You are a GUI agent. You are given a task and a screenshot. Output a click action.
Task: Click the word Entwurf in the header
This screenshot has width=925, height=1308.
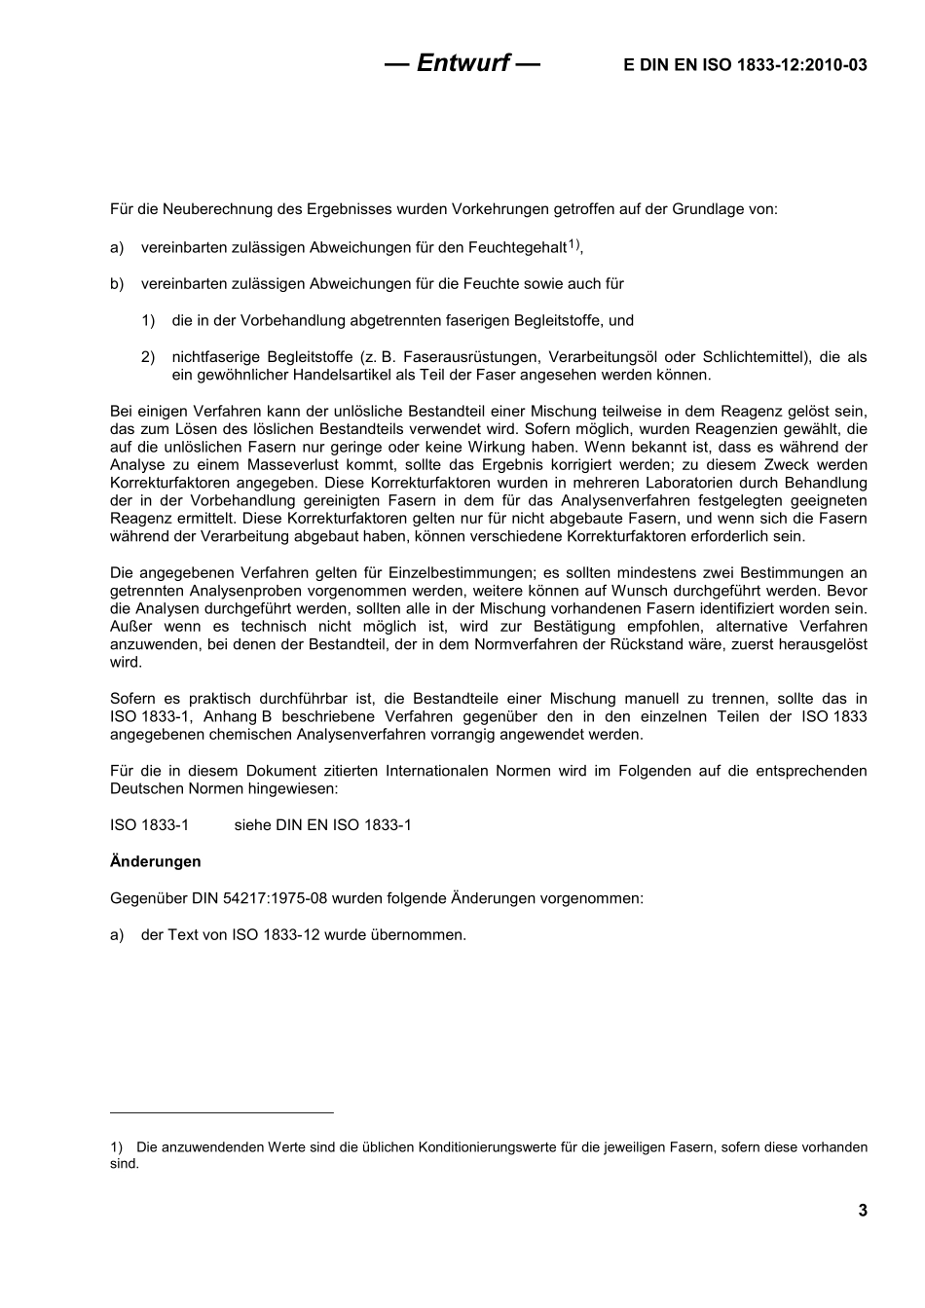coord(462,63)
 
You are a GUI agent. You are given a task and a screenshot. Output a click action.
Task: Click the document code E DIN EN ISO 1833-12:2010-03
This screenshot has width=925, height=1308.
coord(744,65)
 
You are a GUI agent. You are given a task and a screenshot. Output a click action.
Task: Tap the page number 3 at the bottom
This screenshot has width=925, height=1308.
coord(862,1210)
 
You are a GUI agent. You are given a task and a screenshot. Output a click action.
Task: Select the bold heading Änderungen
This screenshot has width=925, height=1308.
coord(156,861)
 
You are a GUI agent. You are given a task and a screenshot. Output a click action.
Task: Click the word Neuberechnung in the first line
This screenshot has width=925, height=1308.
coord(214,209)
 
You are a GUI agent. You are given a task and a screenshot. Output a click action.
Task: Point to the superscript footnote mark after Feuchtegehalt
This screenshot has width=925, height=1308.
coord(574,244)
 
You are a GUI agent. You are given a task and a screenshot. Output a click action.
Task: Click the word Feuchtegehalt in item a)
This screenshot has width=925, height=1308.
coord(517,248)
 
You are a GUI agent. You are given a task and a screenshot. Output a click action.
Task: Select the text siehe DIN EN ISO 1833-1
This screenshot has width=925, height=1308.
coord(322,825)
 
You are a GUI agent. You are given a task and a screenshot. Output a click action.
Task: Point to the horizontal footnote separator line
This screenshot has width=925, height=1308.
coord(222,1111)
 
